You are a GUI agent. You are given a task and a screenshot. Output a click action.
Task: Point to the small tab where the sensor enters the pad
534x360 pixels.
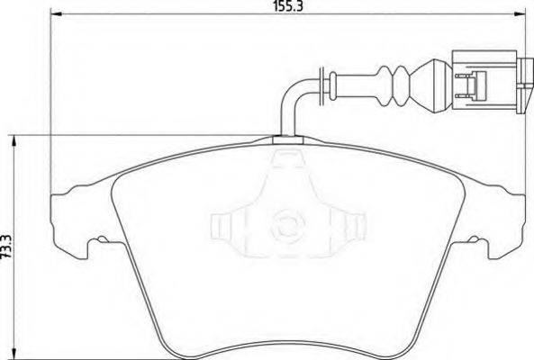[286, 139]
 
